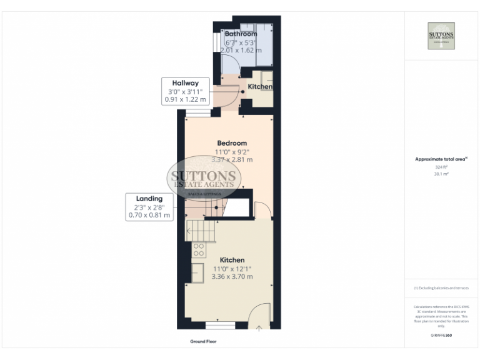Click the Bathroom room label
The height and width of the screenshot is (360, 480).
click(241, 34)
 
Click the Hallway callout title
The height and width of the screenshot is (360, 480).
click(185, 83)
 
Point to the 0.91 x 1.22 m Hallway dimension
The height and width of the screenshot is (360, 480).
click(185, 99)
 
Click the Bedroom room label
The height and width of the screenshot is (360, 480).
click(232, 143)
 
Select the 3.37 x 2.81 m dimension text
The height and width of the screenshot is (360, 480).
click(232, 159)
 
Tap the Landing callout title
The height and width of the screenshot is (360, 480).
click(149, 199)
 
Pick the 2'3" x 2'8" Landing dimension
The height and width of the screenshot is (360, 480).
click(149, 207)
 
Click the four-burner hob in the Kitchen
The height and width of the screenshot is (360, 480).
click(199, 250)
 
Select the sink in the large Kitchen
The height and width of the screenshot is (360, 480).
click(197, 273)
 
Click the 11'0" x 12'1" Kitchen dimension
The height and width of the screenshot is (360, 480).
click(232, 268)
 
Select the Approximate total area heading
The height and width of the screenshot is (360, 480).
click(441, 159)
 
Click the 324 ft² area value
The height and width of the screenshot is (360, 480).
click(441, 167)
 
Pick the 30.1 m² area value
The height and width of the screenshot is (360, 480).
click(441, 174)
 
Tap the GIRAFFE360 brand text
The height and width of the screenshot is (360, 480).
click(441, 336)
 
